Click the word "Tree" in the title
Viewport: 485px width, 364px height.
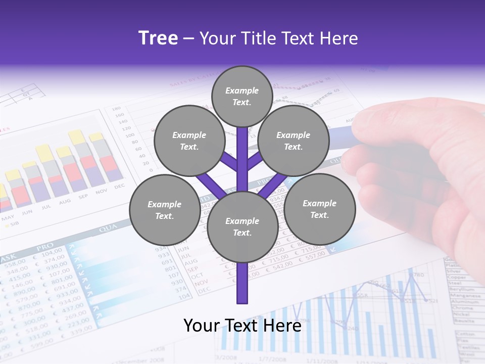(x=158, y=38)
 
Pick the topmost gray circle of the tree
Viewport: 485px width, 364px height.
(x=242, y=96)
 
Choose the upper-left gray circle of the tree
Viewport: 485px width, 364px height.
(x=189, y=141)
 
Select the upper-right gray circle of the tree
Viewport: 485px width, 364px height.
(x=293, y=141)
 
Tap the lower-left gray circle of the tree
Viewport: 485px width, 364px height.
(x=164, y=210)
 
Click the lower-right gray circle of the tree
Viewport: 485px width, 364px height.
(x=319, y=209)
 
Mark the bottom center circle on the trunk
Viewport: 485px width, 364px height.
(x=242, y=226)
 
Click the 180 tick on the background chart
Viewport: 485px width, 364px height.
(x=116, y=108)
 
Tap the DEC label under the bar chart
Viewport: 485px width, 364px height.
(x=119, y=186)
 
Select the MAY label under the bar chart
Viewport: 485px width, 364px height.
(x=8, y=218)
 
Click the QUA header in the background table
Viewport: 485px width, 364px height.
(x=108, y=229)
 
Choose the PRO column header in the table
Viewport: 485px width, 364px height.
(x=45, y=248)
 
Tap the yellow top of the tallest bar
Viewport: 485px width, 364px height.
(x=77, y=136)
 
